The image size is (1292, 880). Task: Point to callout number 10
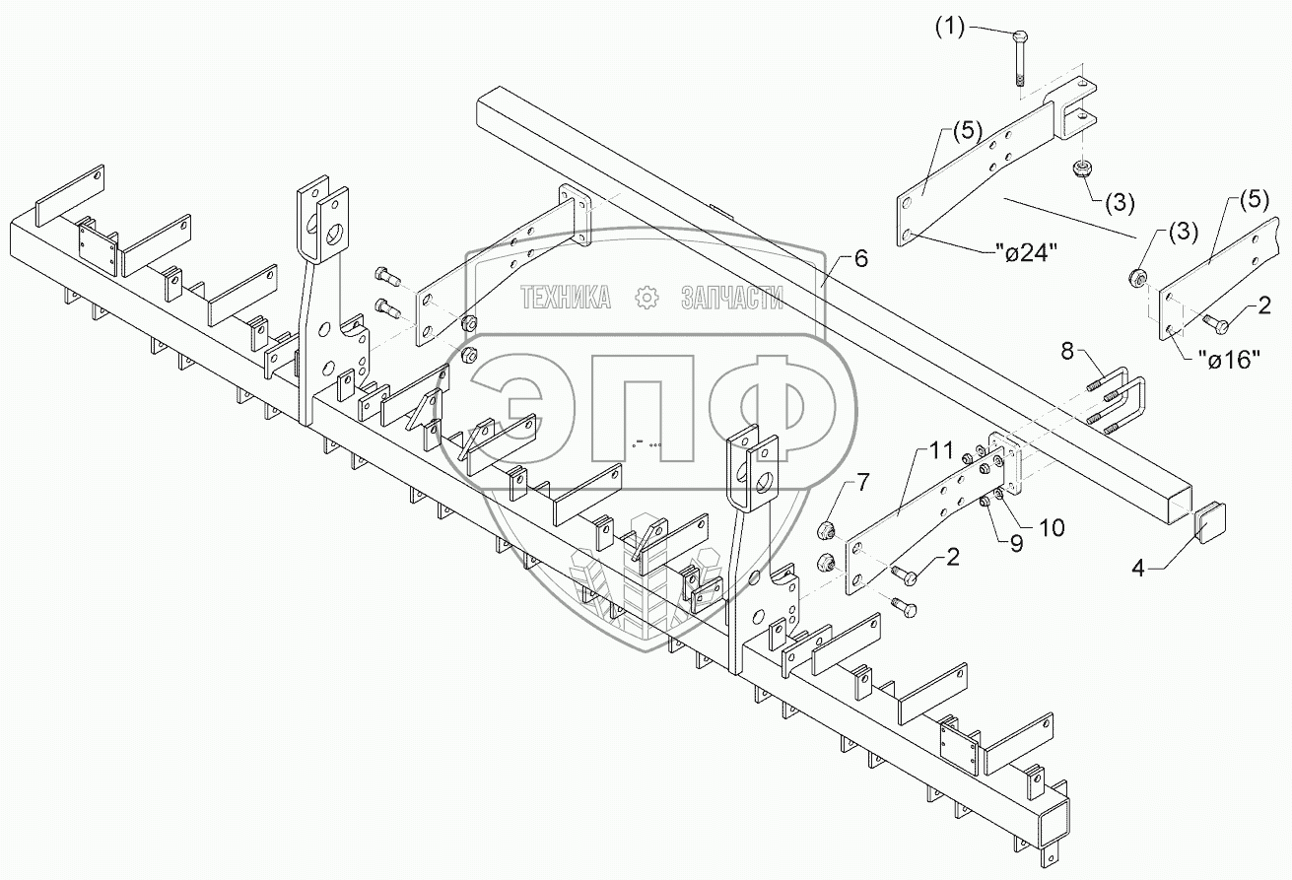point(1052,528)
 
